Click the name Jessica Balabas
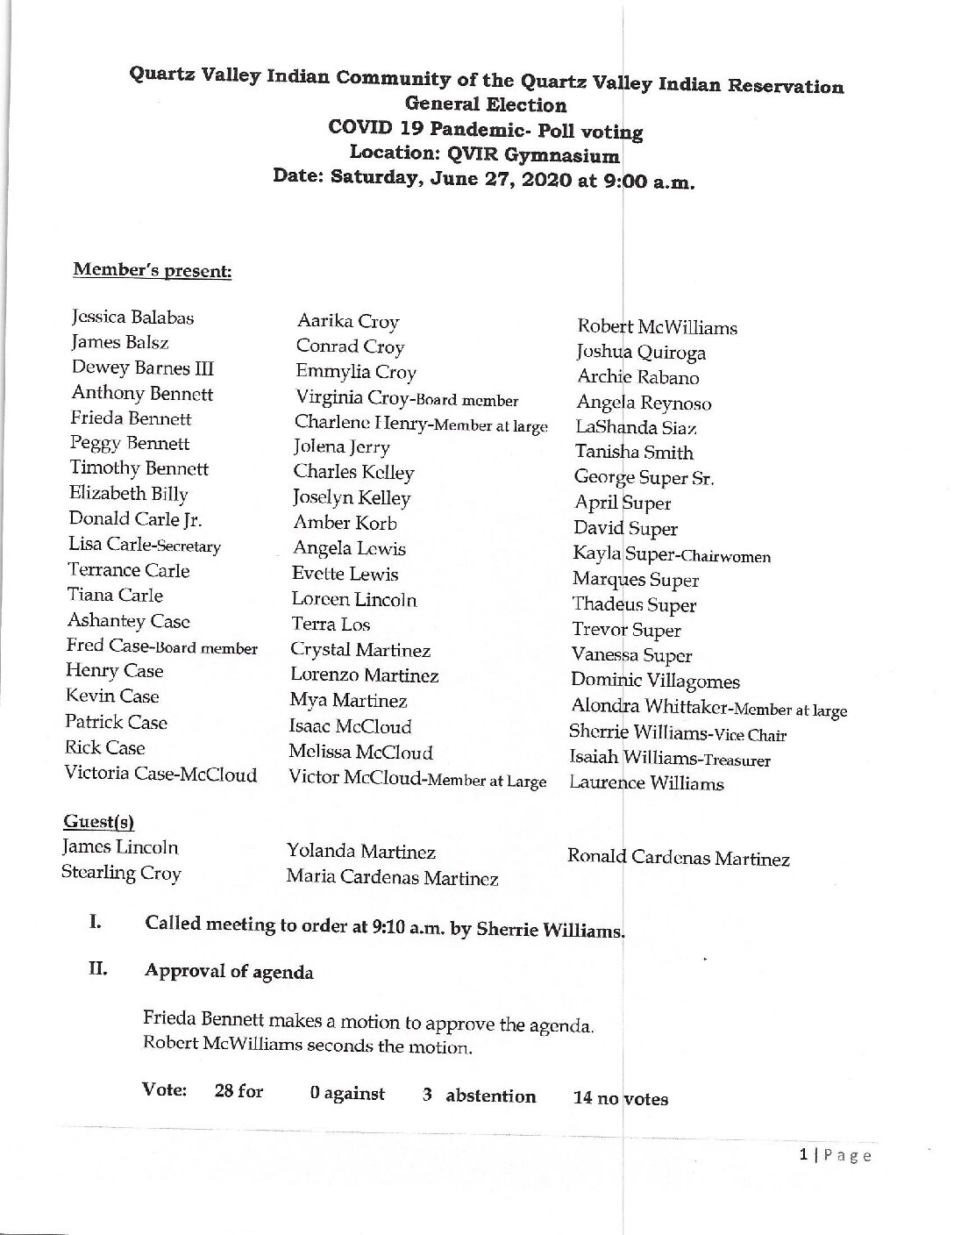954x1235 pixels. (132, 318)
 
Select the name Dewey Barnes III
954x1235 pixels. (142, 368)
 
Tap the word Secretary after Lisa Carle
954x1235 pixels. (183, 546)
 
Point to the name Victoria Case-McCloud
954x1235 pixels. (160, 775)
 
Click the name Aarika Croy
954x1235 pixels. (348, 322)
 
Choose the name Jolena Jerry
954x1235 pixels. (342, 446)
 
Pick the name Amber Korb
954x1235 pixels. (345, 524)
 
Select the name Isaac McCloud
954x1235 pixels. (350, 727)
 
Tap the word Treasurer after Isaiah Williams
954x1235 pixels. (730, 760)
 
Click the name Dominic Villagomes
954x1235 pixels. (655, 682)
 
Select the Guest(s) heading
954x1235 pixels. (98, 822)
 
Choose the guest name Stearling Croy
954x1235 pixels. (121, 874)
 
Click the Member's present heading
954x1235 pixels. (152, 270)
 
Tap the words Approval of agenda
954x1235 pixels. (229, 972)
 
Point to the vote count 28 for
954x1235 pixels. (238, 1092)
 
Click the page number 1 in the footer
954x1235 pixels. (803, 1156)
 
